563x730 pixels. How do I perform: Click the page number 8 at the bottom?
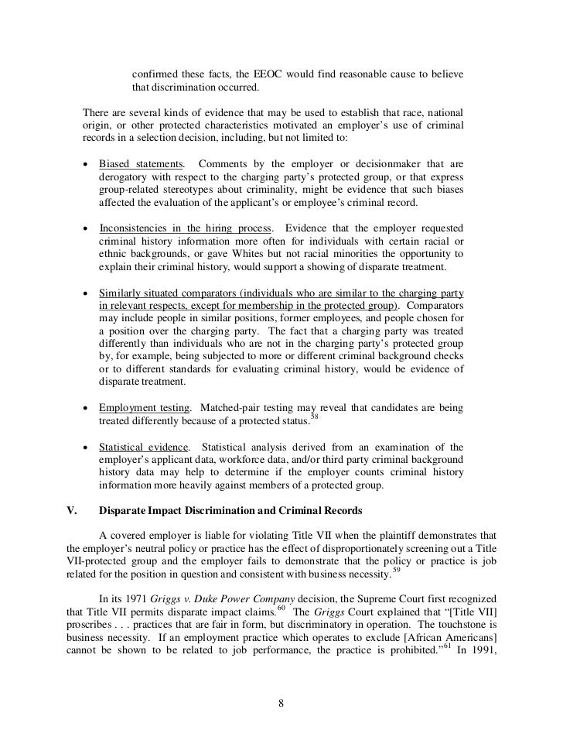[x=281, y=703]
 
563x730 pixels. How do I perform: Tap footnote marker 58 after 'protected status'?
[x=314, y=417]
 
